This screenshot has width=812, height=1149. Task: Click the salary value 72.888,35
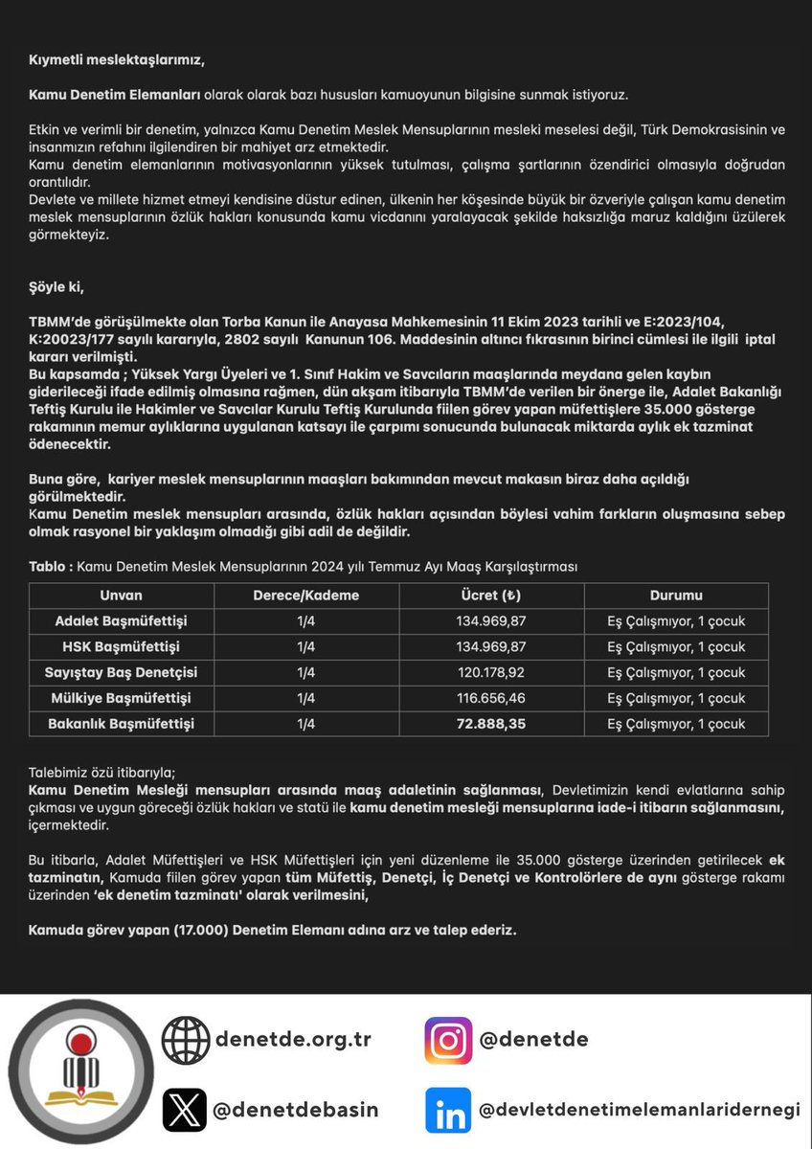(491, 724)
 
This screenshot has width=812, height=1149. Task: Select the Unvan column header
(121, 596)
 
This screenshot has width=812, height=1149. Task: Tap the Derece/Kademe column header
(305, 596)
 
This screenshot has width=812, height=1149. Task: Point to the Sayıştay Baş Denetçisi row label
(121, 672)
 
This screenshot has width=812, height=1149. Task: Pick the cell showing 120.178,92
(491, 672)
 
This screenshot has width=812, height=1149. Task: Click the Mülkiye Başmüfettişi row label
(121, 698)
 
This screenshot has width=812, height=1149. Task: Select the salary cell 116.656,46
(491, 698)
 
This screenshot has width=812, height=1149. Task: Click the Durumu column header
(676, 596)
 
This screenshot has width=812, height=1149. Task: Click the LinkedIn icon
(449, 1111)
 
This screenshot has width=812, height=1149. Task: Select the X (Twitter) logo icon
(185, 1111)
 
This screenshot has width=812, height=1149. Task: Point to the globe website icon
(185, 1040)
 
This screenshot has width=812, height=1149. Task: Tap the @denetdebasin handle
(296, 1111)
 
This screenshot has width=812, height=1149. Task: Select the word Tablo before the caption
(47, 567)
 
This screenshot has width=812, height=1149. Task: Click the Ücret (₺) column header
(491, 596)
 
